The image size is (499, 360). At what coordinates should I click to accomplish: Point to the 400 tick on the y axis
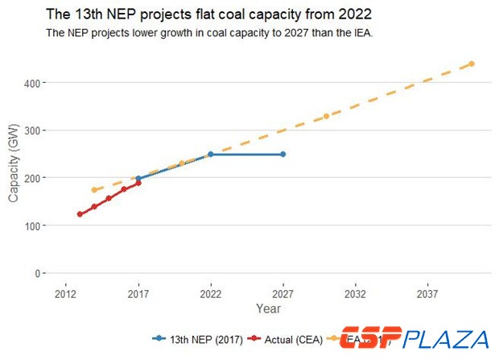pos(36,83)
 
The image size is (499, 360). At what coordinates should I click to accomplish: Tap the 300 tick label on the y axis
pos(36,130)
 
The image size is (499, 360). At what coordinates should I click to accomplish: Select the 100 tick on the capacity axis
pos(36,226)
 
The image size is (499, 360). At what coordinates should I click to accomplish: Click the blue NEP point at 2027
pos(282,154)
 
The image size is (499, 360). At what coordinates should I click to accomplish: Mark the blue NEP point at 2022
pos(211,154)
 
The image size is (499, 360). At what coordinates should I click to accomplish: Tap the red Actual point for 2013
pos(80,214)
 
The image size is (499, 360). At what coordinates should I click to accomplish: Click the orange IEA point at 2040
pos(471,64)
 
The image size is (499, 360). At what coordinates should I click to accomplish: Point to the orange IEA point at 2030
pos(326,116)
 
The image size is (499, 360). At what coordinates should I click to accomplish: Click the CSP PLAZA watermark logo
pos(414,339)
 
